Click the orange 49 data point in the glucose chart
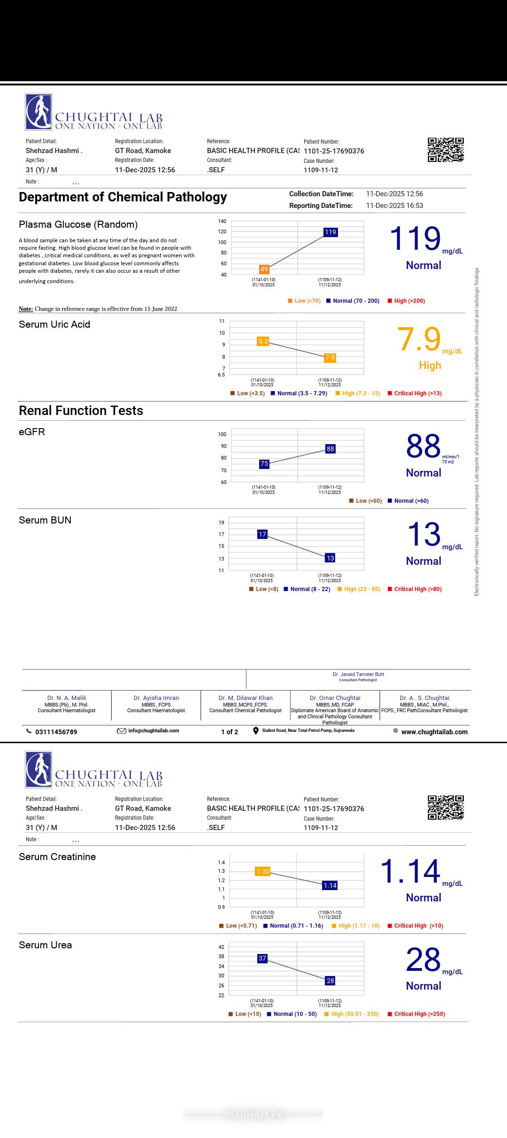pos(264,269)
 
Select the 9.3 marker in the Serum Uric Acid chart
pos(263,341)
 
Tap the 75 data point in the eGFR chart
pos(264,463)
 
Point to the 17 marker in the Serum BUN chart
pos(262,534)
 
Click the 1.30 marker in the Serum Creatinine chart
pos(263,871)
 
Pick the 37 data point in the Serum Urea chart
pos(262,958)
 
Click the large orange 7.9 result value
pos(419,339)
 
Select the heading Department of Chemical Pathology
pos(123,197)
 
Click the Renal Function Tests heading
pos(81,411)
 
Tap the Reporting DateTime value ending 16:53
pos(394,206)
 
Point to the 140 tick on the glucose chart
pos(222,221)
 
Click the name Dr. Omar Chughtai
pos(335,698)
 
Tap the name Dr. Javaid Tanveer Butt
pos(358,674)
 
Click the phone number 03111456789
pos(56,732)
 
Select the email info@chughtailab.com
pos(153,730)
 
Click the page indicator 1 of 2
pos(230,732)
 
